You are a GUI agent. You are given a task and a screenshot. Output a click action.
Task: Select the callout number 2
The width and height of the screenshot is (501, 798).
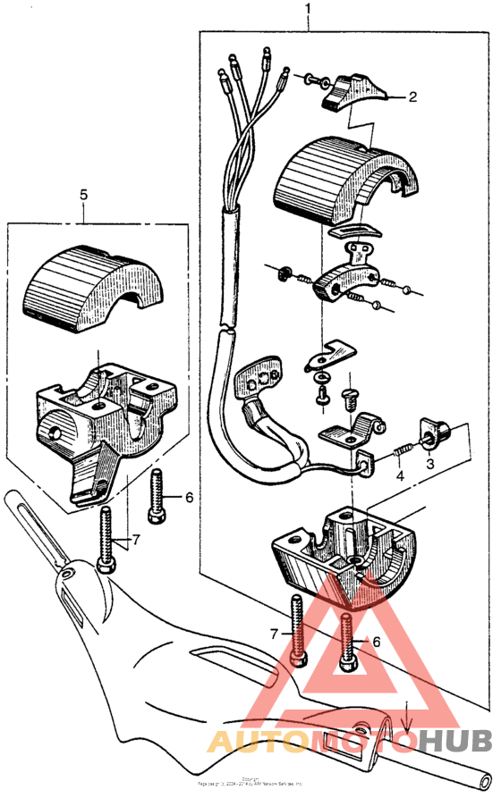click(412, 97)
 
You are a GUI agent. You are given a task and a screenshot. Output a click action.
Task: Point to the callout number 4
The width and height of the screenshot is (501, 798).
click(400, 476)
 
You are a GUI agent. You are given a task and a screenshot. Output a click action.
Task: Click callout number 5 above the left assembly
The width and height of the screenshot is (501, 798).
click(82, 193)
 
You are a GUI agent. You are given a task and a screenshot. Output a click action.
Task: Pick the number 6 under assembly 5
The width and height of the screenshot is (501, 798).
click(189, 498)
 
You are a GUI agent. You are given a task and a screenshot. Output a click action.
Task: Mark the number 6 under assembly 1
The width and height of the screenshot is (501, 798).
click(376, 642)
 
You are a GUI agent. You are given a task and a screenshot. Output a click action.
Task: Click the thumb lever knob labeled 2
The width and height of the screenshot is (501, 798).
click(348, 92)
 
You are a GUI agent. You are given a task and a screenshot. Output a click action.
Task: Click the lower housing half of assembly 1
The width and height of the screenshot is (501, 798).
click(344, 553)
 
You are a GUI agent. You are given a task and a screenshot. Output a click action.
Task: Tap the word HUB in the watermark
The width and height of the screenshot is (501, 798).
click(454, 741)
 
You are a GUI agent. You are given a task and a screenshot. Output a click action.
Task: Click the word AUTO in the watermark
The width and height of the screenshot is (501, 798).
click(259, 741)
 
